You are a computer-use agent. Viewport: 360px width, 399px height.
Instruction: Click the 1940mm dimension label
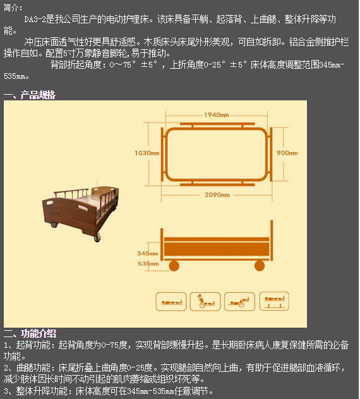coord(217,115)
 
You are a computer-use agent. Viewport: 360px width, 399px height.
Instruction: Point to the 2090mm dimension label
coord(217,194)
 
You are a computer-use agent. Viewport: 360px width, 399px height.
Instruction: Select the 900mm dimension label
coord(287,153)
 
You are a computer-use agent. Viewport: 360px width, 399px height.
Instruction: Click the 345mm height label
coord(147,253)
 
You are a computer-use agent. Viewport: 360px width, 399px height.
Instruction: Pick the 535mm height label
coord(147,263)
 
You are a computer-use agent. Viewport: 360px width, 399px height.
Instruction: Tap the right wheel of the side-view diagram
coord(258,266)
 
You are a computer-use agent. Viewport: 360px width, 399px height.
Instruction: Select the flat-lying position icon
coord(172,301)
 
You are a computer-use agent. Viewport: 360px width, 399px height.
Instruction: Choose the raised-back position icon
coord(205,301)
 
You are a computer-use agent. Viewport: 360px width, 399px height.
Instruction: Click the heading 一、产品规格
coord(30,95)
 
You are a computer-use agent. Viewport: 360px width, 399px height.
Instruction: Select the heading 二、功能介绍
coord(30,333)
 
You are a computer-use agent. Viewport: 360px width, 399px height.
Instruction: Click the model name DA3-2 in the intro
coord(35,20)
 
